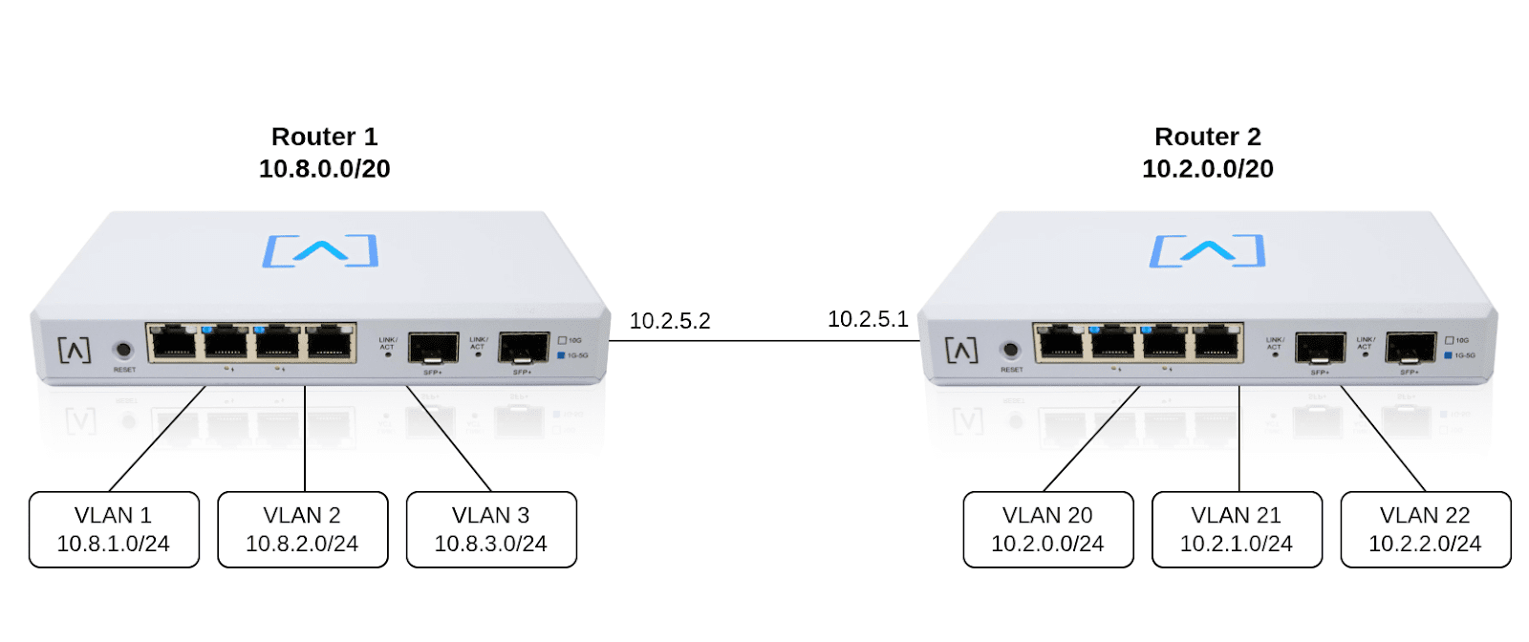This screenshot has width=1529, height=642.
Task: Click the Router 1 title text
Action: point(324,137)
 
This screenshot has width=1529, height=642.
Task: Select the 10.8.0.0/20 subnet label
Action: point(324,169)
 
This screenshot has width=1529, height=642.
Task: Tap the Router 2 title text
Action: point(1207,137)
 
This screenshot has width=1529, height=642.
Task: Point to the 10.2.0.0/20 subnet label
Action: point(1207,169)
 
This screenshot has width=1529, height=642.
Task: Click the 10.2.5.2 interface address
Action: point(669,321)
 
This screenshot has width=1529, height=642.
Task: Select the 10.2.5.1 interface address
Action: point(868,319)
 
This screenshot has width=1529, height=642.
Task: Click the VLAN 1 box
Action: point(114,529)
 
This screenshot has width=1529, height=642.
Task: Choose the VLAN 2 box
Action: point(302,529)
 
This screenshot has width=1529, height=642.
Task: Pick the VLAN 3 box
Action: point(491,529)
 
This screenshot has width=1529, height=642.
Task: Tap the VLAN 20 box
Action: point(1047,529)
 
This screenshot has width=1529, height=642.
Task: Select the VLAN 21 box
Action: point(1237,529)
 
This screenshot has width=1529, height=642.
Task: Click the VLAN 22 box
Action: point(1425,529)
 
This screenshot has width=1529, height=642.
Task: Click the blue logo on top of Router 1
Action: point(321,250)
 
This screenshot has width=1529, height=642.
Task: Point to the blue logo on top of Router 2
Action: point(1207,250)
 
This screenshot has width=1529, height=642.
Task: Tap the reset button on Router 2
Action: point(1010,351)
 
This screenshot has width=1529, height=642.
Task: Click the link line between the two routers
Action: point(764,340)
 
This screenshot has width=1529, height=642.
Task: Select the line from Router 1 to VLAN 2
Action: point(305,439)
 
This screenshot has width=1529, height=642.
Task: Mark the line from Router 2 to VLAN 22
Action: point(1383,439)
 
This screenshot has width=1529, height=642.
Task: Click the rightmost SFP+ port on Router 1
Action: point(523,348)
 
